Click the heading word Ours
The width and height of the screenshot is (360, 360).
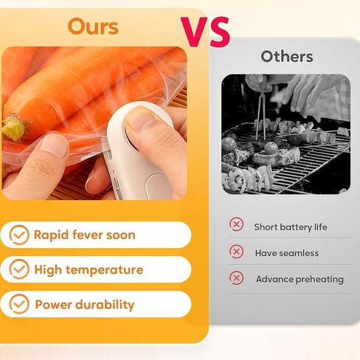click(x=93, y=27)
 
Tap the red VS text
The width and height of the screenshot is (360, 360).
click(x=205, y=32)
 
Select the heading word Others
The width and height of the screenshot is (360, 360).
click(x=287, y=57)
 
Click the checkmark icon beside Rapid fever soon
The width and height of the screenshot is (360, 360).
click(x=19, y=235)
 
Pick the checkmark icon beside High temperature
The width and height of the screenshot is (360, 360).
click(x=19, y=269)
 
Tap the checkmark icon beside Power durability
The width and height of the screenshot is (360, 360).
click(x=19, y=304)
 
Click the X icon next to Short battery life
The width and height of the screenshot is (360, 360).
click(x=237, y=224)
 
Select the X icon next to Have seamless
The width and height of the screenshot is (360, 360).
click(x=237, y=252)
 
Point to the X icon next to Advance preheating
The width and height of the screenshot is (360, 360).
click(x=237, y=278)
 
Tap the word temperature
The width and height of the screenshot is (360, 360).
click(x=104, y=270)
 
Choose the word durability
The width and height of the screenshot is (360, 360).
click(x=105, y=305)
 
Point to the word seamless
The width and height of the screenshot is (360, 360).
click(x=299, y=253)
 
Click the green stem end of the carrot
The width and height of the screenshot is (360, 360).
click(x=13, y=128)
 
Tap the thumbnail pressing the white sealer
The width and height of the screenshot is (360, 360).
click(x=137, y=120)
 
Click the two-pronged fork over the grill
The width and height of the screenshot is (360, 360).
click(x=261, y=116)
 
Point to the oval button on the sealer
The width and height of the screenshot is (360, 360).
click(x=156, y=186)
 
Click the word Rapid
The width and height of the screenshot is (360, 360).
click(x=51, y=235)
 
